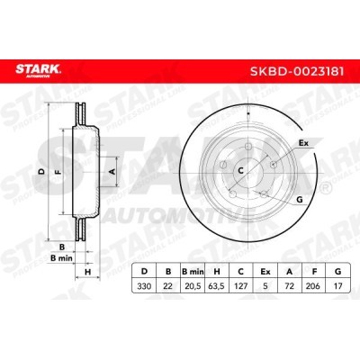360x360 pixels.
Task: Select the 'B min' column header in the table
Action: (190, 268)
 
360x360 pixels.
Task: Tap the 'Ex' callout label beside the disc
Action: (302, 142)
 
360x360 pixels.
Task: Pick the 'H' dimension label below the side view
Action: (87, 271)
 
